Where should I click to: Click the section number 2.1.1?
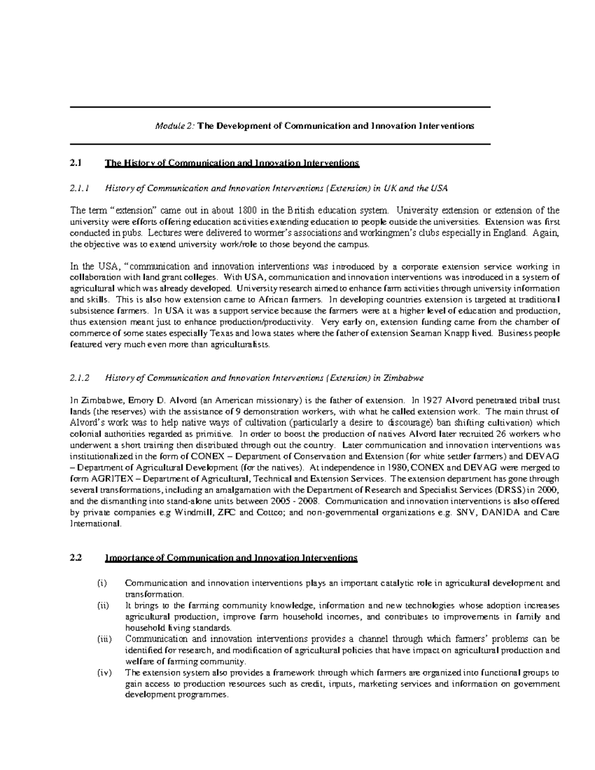(x=79, y=188)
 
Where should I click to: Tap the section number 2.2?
(x=76, y=558)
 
